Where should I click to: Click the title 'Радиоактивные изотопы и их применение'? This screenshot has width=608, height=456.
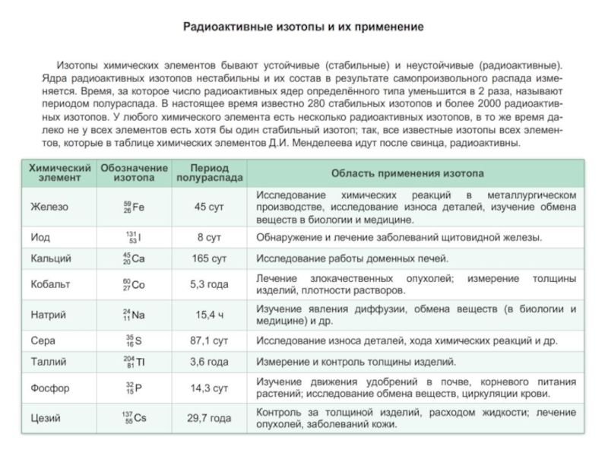tap(304, 27)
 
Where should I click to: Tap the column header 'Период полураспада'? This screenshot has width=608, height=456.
tap(210, 173)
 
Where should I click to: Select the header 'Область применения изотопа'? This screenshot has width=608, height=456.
tap(416, 173)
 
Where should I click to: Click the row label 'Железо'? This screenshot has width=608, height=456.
tap(49, 207)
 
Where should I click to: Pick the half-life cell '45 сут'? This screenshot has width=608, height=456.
tap(210, 207)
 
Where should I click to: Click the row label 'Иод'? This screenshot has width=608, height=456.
tap(40, 237)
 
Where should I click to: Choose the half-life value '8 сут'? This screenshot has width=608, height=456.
tap(210, 237)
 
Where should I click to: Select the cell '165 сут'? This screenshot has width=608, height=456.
tap(210, 258)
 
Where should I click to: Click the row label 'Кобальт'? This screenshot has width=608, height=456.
tap(50, 285)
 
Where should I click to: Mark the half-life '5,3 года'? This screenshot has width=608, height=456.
tap(210, 285)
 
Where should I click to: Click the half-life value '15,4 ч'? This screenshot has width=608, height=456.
tap(210, 314)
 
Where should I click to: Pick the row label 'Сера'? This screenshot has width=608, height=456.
tap(43, 340)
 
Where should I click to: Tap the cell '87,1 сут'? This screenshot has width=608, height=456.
tap(210, 340)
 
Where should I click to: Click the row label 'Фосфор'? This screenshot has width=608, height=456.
tap(50, 388)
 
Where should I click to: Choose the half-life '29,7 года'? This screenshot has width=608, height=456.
tap(210, 417)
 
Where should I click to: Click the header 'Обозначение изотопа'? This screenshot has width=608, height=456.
tap(134, 173)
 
